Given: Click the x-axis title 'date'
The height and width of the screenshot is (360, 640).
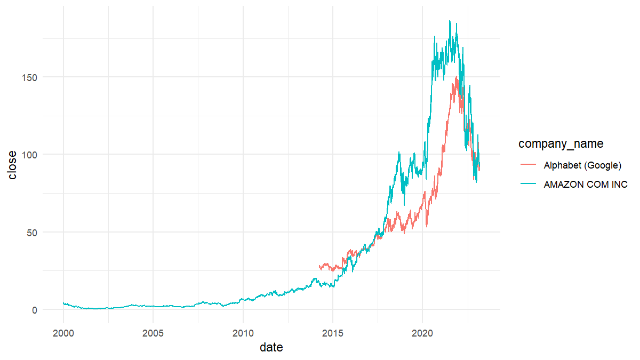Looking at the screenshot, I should pyautogui.click(x=271, y=348).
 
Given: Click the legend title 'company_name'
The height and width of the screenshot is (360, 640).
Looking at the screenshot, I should pyautogui.click(x=561, y=143).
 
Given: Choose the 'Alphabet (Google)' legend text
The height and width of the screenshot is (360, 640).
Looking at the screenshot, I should pyautogui.click(x=582, y=165).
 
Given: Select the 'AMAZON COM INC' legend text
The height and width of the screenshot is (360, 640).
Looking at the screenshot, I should pyautogui.click(x=586, y=185).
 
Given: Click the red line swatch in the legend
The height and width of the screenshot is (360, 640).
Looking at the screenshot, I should pyautogui.click(x=527, y=165).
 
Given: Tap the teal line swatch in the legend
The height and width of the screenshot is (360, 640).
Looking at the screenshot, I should pyautogui.click(x=527, y=185).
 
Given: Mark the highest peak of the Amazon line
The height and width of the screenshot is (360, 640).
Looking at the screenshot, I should pyautogui.click(x=450, y=21).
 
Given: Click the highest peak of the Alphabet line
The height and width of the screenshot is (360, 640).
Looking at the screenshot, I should pyautogui.click(x=457, y=76).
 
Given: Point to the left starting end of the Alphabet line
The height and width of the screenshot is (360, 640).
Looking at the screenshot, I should pyautogui.click(x=319, y=266).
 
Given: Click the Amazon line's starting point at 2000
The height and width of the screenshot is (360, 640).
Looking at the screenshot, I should pyautogui.click(x=63, y=303).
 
